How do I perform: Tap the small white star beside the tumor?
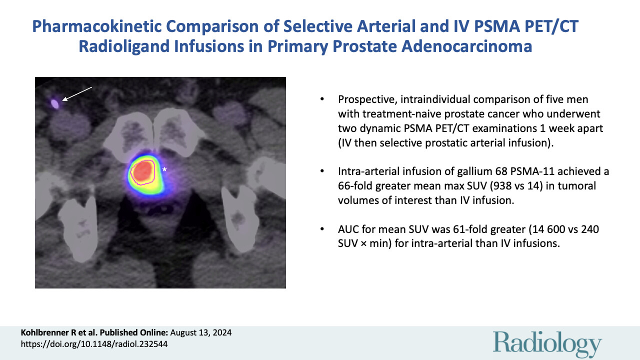point(164,169)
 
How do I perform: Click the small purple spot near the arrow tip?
point(55,104)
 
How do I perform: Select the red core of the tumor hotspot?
point(144,171)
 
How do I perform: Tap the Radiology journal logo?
point(547,343)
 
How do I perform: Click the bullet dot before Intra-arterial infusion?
point(322,172)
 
